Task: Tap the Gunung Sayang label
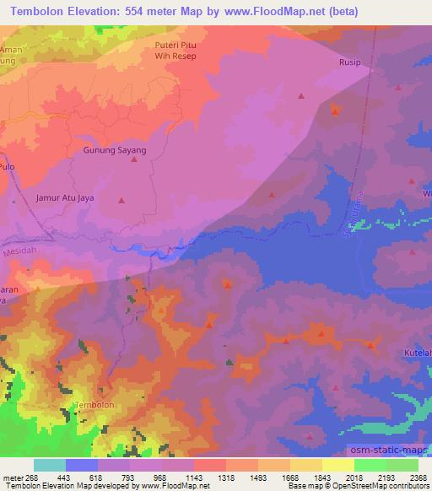click(115, 150)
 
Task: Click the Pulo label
click(8, 168)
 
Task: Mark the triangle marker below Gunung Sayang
click(133, 159)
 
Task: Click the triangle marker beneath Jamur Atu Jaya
click(121, 201)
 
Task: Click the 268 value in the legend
click(32, 477)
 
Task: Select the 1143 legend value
click(192, 477)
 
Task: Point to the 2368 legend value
click(416, 477)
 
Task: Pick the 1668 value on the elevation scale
click(288, 477)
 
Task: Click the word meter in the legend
click(12, 477)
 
